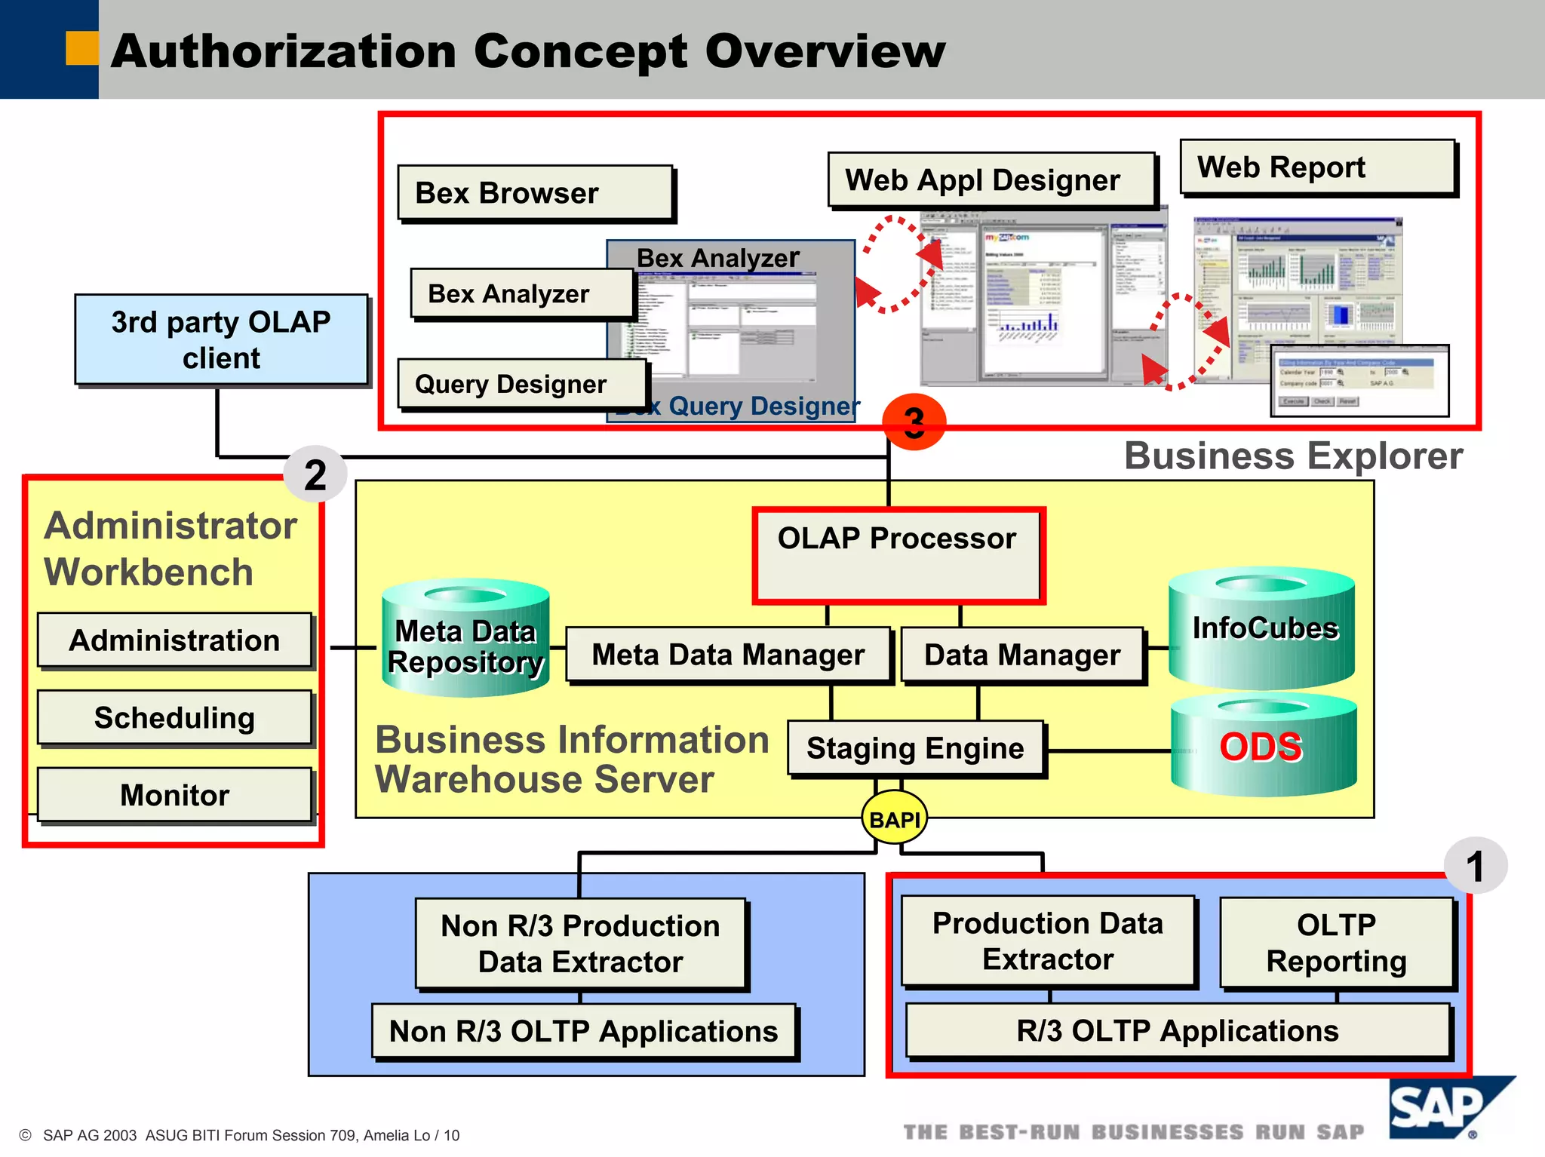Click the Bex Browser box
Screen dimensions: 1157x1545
coord(535,193)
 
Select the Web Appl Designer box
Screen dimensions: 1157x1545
coord(991,180)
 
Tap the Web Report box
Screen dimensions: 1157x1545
coord(1317,167)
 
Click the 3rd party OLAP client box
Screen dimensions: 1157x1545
coord(221,339)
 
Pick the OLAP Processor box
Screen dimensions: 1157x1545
coord(898,555)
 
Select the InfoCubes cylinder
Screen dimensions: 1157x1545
coord(1262,628)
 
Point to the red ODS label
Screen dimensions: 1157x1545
coord(1261,747)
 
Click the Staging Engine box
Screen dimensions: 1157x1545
coord(915,748)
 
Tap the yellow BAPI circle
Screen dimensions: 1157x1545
coord(894,818)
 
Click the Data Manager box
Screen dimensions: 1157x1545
coord(1022,655)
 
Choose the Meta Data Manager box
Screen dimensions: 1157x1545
coord(728,655)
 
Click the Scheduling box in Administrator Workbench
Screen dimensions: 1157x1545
coord(174,717)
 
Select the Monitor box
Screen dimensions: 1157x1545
coord(174,795)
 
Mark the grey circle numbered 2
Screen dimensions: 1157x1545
coord(315,474)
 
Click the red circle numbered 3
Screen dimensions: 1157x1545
coord(914,422)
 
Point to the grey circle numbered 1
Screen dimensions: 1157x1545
coord(1475,866)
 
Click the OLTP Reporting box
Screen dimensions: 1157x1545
coord(1336,942)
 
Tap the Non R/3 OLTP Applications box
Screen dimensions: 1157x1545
coord(583,1031)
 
